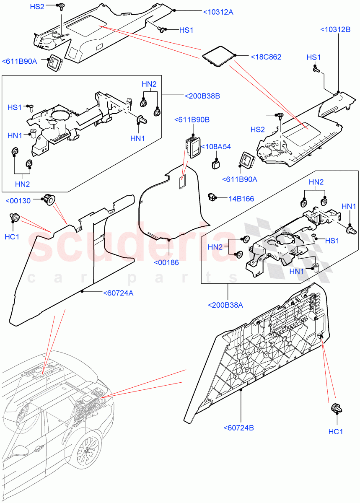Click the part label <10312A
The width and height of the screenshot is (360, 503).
(218, 12)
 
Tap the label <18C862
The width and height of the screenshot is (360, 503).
(266, 57)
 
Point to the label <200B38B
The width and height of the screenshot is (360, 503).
(202, 96)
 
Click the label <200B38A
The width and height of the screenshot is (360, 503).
(225, 305)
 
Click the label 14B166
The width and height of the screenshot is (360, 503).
(241, 199)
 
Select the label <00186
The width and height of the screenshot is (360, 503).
(166, 262)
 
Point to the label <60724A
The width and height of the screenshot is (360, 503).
(118, 293)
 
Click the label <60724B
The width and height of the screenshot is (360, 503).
(238, 428)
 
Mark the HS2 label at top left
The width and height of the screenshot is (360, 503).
(37, 7)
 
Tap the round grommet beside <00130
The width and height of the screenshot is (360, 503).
(49, 200)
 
